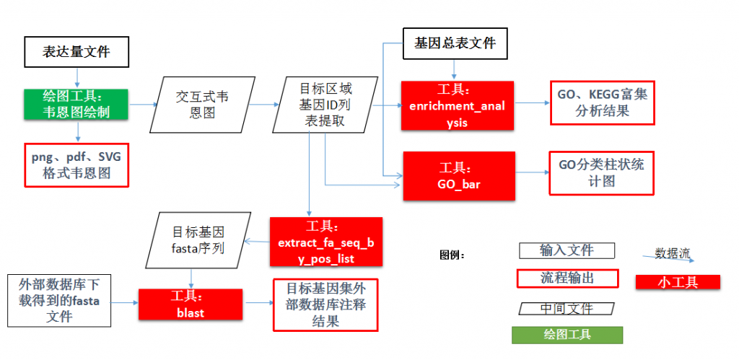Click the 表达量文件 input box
click(76, 52)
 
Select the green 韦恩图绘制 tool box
click(76, 104)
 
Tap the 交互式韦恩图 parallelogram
click(196, 105)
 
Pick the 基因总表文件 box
click(455, 43)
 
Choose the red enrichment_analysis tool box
click(458, 106)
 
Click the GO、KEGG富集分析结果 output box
click(602, 102)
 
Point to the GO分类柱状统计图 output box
click(601, 172)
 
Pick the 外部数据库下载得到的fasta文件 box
click(59, 299)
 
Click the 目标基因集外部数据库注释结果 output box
click(325, 304)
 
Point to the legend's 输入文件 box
click(567, 250)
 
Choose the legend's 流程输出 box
click(567, 278)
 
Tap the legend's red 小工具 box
click(678, 282)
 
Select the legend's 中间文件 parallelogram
click(567, 308)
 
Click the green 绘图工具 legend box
click(567, 335)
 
